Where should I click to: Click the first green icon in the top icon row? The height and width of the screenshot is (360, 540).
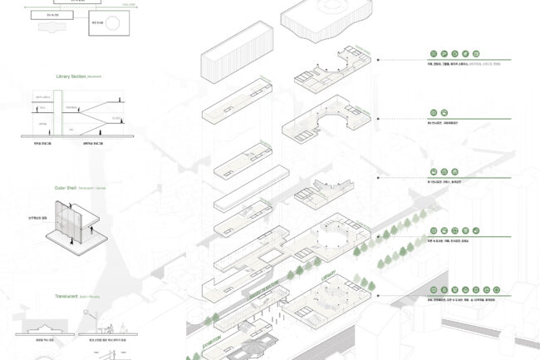click(433, 51)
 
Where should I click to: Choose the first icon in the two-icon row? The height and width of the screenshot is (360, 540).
click(433, 112)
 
